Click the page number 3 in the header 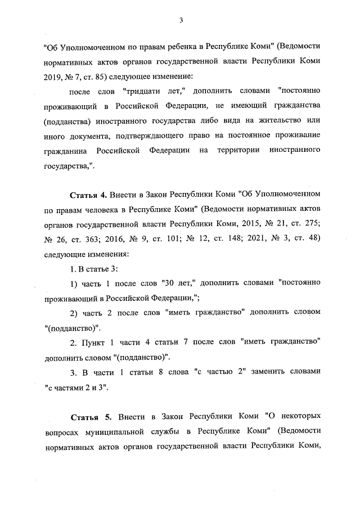181,21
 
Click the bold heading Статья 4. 88,195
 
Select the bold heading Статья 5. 92,417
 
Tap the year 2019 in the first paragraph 53,76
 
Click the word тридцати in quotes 138,91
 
